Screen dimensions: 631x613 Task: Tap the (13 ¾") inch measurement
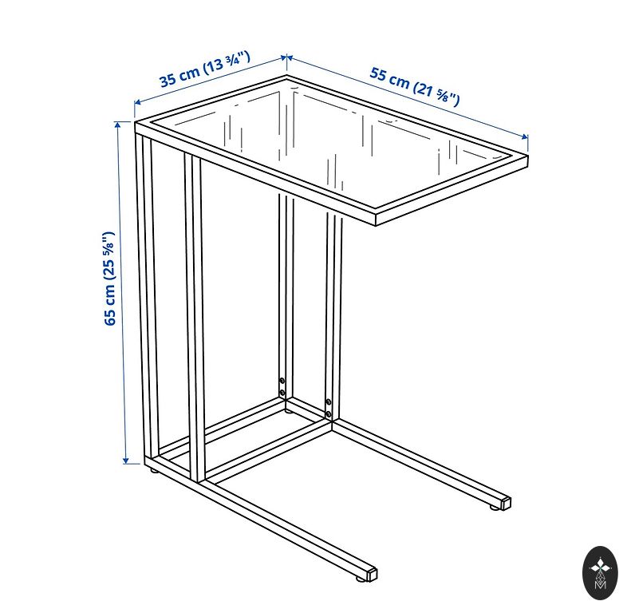coord(227,63)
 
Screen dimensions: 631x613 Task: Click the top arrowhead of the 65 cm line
coord(118,125)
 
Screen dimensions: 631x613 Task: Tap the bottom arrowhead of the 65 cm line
coord(125,459)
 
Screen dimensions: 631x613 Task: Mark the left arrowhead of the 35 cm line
coord(138,103)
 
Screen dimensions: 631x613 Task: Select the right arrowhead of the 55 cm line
coord(524,136)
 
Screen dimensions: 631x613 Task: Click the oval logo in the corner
coord(600,572)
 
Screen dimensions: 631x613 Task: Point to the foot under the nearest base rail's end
coord(359,579)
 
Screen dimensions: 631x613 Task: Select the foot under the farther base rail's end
coord(494,508)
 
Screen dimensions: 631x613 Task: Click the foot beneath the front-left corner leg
coord(153,469)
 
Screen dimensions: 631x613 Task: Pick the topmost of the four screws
coord(282,380)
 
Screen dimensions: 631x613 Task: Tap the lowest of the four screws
coord(329,413)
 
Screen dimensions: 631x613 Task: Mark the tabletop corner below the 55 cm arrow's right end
coord(527,153)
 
